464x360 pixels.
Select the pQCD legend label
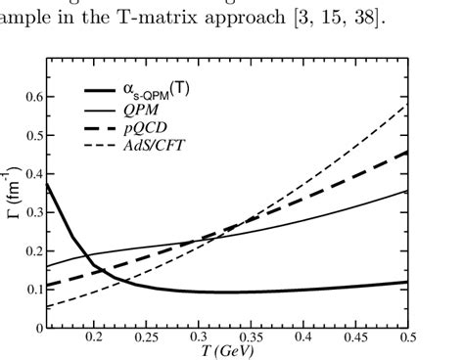pyautogui.click(x=140, y=129)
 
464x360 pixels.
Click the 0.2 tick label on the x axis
pyautogui.click(x=94, y=337)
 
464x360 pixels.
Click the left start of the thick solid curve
pyautogui.click(x=47, y=184)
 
